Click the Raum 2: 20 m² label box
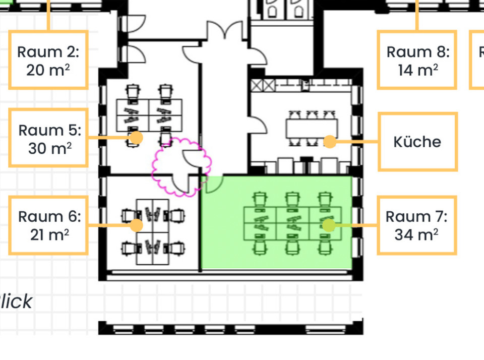[x=48, y=60]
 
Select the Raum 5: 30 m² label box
[x=48, y=138]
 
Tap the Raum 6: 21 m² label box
[x=48, y=225]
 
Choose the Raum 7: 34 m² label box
[x=416, y=225]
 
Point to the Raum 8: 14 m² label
[x=417, y=60]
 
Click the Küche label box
[x=417, y=142]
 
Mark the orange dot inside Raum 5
[x=136, y=137]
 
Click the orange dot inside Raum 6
[x=136, y=225]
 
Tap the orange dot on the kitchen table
[x=329, y=142]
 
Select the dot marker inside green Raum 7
[x=329, y=225]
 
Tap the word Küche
[x=417, y=142]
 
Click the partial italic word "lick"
[x=16, y=302]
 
